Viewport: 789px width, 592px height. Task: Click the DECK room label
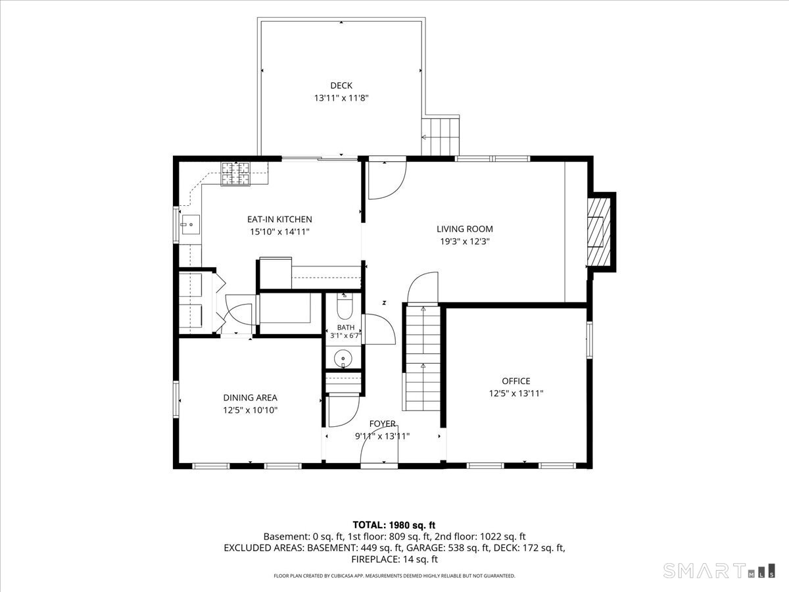point(341,86)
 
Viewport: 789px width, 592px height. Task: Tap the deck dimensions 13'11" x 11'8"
point(341,98)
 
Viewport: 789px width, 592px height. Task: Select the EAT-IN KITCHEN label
point(279,219)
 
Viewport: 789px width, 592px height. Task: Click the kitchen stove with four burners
point(235,174)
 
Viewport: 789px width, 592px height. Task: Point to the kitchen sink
point(191,225)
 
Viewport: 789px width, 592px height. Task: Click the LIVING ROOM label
point(465,229)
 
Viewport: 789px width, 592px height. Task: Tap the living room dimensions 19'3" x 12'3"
point(465,241)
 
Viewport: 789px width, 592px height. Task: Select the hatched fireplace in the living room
point(599,232)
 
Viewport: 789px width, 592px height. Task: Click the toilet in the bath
point(345,307)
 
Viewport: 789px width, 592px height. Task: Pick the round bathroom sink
point(343,358)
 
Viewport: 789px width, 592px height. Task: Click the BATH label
point(346,328)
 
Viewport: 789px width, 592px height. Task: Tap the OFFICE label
point(516,381)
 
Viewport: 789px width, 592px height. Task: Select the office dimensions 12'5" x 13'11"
point(516,393)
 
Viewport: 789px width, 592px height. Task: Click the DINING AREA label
point(251,397)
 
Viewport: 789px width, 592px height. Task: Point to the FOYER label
point(383,424)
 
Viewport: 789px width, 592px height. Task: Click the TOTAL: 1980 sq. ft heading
point(394,525)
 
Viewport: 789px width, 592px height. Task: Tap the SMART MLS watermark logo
point(719,570)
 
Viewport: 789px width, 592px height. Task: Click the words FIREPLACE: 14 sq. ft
point(394,559)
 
